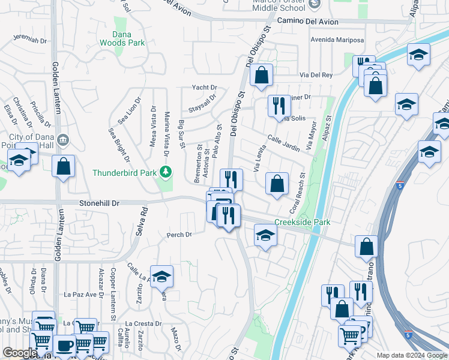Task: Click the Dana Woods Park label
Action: tap(128, 39)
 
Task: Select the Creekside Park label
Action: tap(303, 223)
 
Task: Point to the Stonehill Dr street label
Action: tap(100, 203)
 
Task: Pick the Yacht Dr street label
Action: tap(204, 88)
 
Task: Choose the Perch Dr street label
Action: tap(179, 234)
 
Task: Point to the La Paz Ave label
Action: tap(80, 295)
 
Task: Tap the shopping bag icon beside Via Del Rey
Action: tap(261, 76)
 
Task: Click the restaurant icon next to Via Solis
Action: tap(279, 106)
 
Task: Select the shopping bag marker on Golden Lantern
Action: tap(63, 167)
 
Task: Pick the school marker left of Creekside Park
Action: tap(265, 235)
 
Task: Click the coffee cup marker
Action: tap(65, 346)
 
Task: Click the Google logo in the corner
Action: tap(19, 353)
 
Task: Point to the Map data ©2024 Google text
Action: tap(412, 355)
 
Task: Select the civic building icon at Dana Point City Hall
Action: tap(64, 140)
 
